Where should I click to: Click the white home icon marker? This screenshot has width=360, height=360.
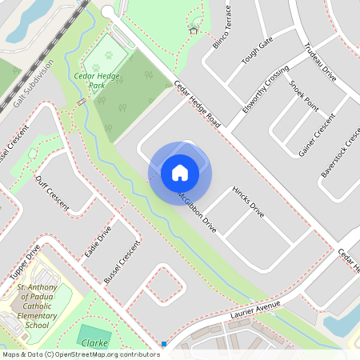(x=180, y=172)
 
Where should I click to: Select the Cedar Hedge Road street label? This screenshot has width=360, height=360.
(x=197, y=102)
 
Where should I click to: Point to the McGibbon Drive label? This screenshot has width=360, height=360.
(x=196, y=207)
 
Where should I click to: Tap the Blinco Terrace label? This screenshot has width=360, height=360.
(x=222, y=27)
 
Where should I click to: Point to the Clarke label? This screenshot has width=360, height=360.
(x=94, y=342)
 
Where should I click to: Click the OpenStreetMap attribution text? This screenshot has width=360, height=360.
(x=81, y=354)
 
